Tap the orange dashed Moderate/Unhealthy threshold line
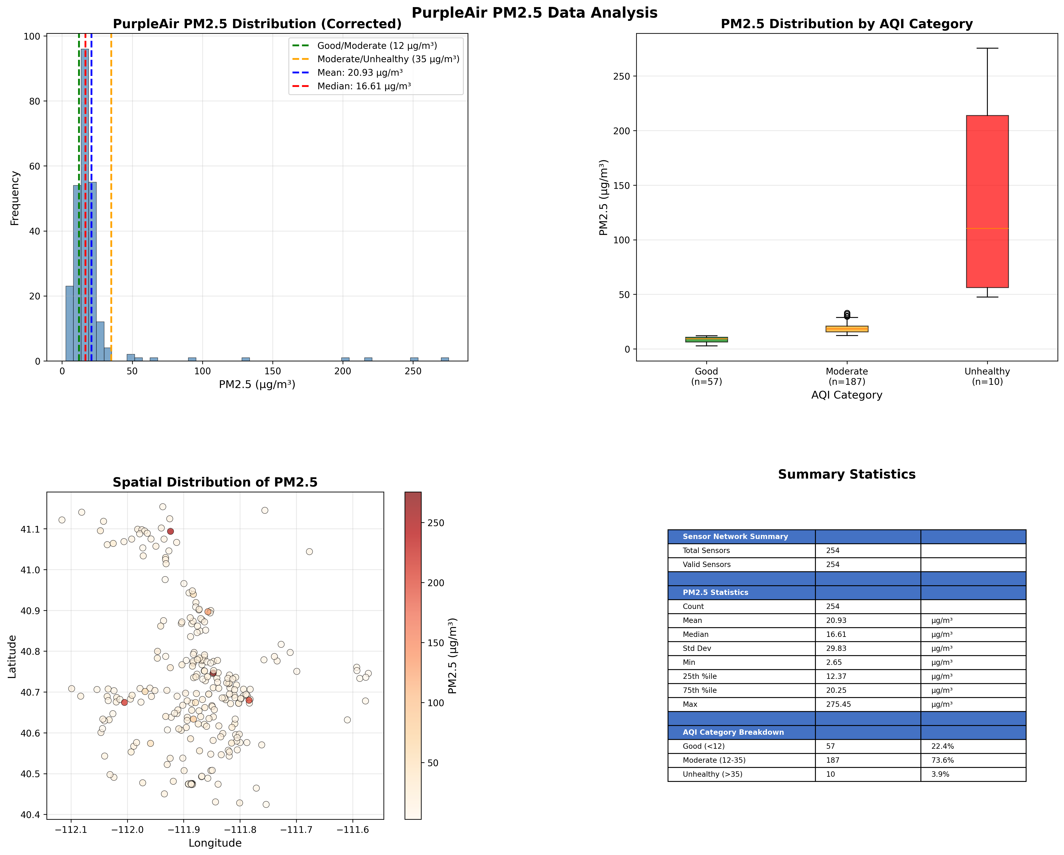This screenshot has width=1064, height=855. point(111,197)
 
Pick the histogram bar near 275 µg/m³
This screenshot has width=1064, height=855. point(445,359)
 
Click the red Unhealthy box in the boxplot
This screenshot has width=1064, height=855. point(987,197)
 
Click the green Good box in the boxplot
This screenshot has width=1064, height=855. point(706,339)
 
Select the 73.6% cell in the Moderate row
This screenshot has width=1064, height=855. point(943,760)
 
